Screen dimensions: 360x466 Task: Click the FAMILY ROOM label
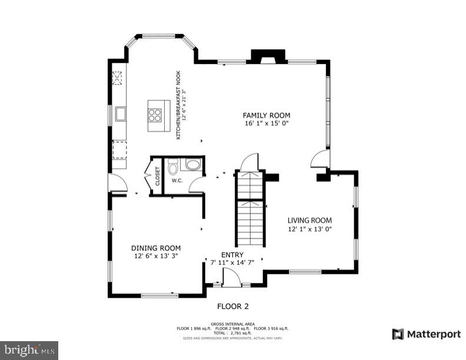267,115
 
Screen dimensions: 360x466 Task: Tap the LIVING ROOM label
309,221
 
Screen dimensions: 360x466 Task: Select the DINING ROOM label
155,248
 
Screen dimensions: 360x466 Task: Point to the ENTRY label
232,255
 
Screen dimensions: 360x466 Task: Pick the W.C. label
177,181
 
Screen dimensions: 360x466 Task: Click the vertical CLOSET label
158,176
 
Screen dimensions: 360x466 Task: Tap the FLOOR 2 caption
233,306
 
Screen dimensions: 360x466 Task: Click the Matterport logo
427,334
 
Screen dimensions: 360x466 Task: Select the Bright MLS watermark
29,350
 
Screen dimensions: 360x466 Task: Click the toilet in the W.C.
173,168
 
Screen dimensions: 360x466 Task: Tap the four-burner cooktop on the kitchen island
155,115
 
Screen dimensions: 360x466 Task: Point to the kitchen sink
120,114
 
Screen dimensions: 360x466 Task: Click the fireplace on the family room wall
268,56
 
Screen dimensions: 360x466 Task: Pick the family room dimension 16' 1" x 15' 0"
267,124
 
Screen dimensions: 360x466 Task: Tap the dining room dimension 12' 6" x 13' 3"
155,256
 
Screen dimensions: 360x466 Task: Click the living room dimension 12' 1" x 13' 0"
309,229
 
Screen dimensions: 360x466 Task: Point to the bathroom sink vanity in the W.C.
191,164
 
